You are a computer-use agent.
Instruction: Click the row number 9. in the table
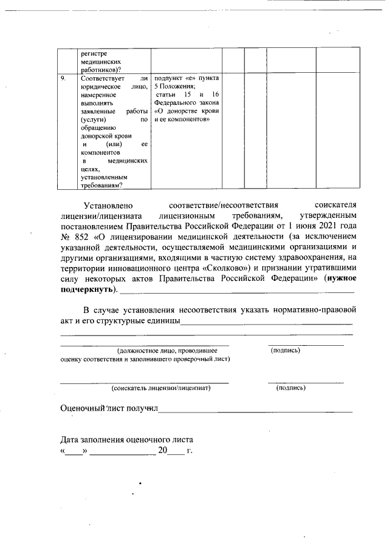click(x=63, y=79)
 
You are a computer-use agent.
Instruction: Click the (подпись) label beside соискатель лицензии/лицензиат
click(x=291, y=388)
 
